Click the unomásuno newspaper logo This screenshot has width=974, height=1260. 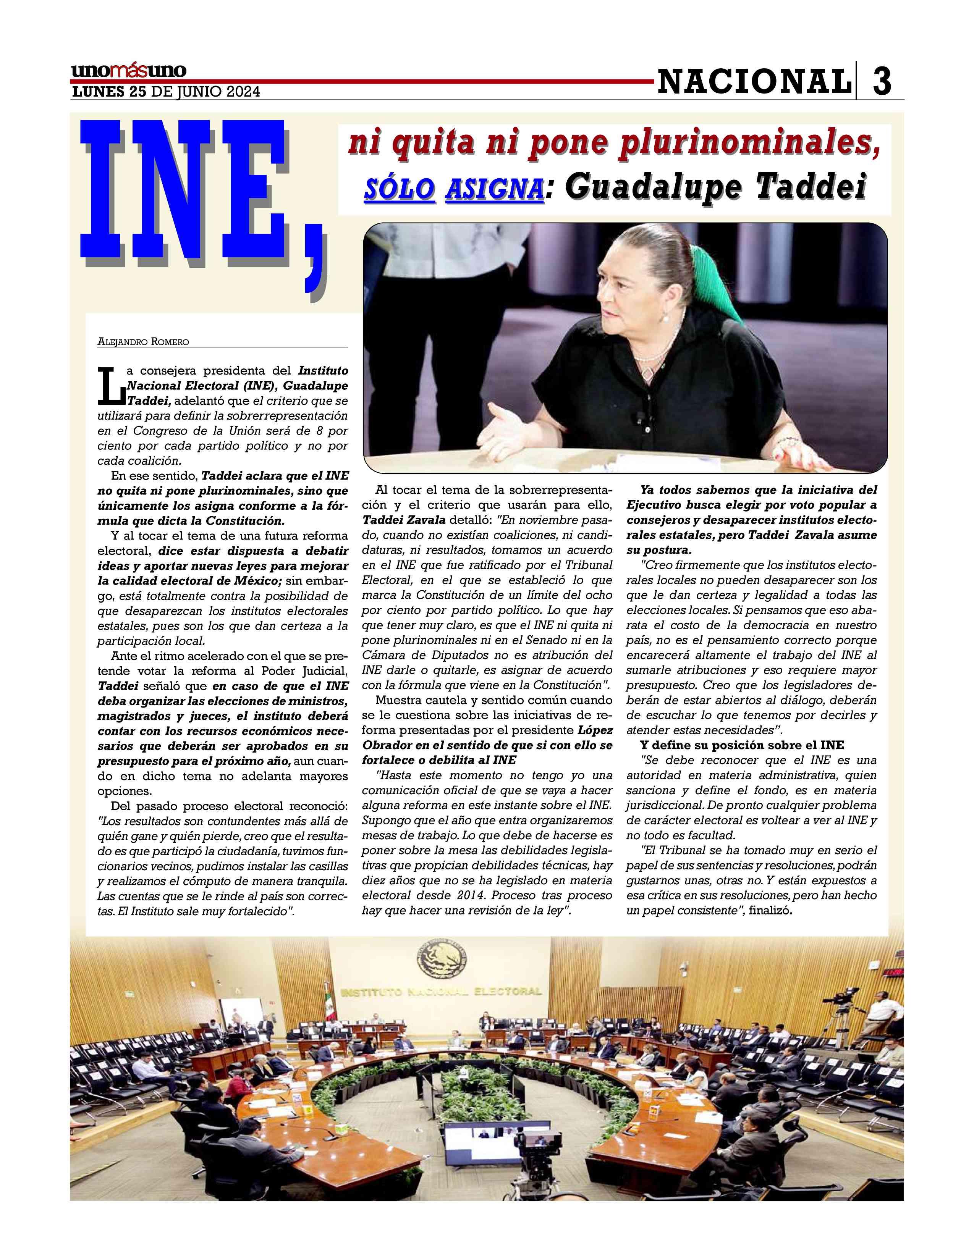[x=128, y=71]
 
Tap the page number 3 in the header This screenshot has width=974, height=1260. [x=881, y=82]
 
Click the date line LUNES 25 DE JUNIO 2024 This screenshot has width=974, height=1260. [x=165, y=92]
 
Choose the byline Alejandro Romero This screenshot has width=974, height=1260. [x=143, y=342]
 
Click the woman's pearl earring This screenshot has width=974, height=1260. [x=665, y=317]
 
